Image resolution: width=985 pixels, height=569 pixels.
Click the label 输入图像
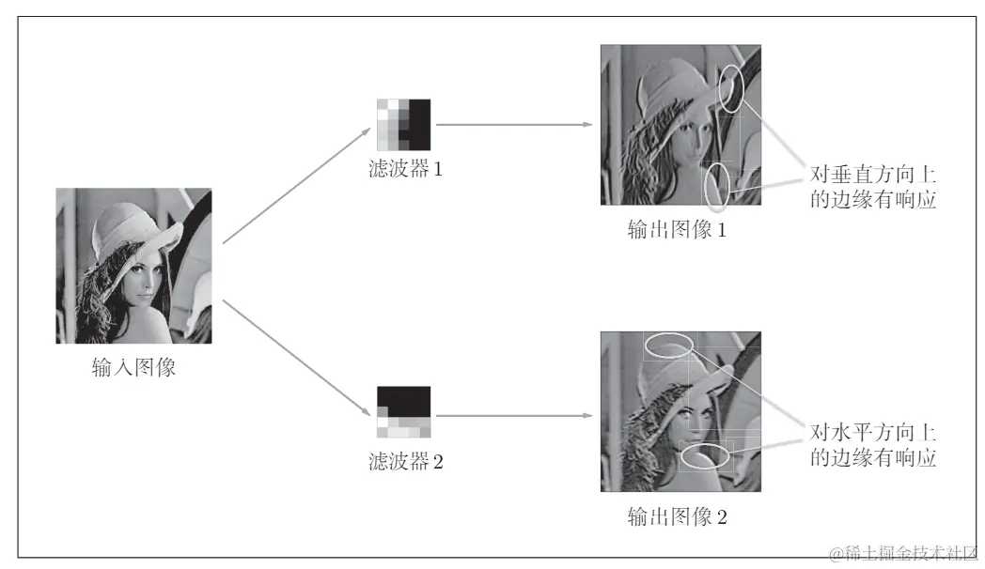pos(133,367)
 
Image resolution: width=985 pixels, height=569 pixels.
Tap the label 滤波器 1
pos(405,168)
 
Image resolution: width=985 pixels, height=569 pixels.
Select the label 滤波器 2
pos(406,461)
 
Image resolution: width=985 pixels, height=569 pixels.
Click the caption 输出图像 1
pos(677,230)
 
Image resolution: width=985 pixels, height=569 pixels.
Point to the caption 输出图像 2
pos(677,516)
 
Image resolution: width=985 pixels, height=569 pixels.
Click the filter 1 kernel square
pos(404,124)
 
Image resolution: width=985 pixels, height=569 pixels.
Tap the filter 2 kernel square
pos(404,411)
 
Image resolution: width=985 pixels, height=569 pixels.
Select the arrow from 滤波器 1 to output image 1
pos(514,124)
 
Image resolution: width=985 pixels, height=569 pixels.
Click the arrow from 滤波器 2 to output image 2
pos(514,415)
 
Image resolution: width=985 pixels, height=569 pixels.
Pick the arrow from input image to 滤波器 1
pos(296,186)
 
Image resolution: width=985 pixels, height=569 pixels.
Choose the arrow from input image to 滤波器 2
pos(296,358)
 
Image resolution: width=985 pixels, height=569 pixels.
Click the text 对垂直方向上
pos(872,174)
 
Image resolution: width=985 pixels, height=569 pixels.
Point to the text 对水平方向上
pos(872,432)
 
